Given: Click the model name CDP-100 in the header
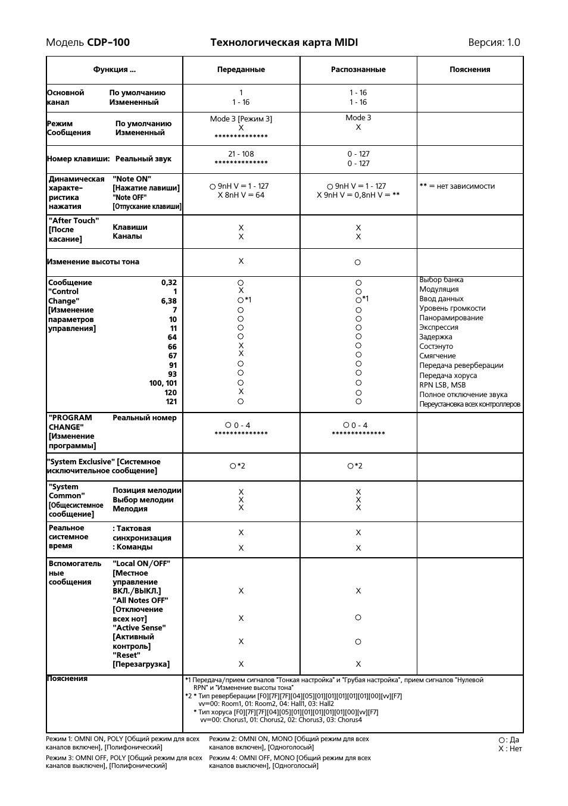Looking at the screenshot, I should click(108, 42).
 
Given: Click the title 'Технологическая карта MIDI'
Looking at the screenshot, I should click(284, 42).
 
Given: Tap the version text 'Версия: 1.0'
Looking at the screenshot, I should click(494, 42).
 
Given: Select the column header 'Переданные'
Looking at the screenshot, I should click(241, 70).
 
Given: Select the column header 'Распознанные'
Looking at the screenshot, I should click(358, 70).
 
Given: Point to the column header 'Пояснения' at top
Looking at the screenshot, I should click(470, 70).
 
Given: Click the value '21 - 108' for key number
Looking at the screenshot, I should click(241, 154).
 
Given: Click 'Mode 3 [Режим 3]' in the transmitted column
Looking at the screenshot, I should click(241, 119).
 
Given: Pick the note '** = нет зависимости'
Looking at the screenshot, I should click(457, 186).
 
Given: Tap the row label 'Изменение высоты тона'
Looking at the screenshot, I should click(93, 262).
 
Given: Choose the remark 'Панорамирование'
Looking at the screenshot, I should click(451, 318).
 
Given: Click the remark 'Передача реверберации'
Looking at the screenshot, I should click(461, 365).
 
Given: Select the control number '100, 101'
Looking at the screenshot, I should click(163, 383).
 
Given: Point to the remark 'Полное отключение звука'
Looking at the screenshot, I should click(463, 395).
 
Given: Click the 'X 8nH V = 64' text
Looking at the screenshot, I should click(241, 195).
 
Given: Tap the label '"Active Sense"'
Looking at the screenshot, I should click(139, 628).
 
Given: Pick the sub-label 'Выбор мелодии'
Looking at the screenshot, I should click(143, 500).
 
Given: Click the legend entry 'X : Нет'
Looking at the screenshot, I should click(510, 749).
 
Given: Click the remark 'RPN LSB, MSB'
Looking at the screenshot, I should click(442, 385).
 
